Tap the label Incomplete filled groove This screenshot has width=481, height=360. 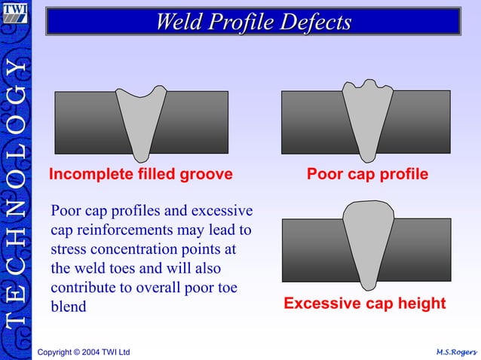(140, 175)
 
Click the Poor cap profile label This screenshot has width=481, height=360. (367, 175)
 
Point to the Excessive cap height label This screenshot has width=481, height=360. (364, 304)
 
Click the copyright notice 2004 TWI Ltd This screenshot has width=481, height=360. (84, 352)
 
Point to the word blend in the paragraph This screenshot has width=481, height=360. (69, 307)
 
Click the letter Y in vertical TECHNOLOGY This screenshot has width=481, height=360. (16, 69)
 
